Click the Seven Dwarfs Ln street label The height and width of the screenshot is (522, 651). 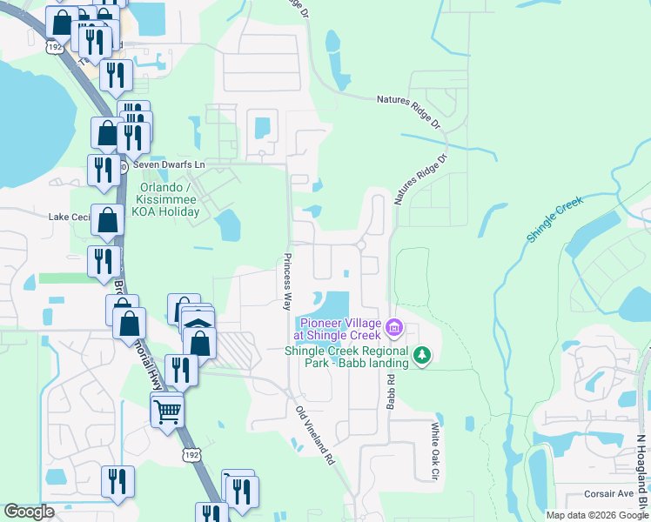coord(168,164)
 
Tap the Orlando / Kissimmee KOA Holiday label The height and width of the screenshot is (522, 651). coord(171,199)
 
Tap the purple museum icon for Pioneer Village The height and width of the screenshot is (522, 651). coord(393,328)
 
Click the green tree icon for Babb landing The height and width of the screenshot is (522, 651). coord(422,355)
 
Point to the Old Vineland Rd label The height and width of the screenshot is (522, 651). coord(315,435)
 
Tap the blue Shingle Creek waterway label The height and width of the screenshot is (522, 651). coord(554,218)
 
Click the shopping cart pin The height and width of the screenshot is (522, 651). coord(167,411)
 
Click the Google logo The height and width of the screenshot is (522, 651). coord(29,512)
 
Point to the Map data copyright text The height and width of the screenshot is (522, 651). coord(596,515)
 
